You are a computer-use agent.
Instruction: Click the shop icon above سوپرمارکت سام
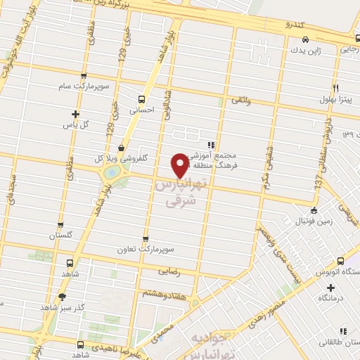(x=84, y=76)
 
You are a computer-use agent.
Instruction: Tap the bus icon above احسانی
(x=142, y=99)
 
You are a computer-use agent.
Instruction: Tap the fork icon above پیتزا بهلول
(x=335, y=87)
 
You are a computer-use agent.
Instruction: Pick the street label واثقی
(x=240, y=102)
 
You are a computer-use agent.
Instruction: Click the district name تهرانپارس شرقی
(x=179, y=193)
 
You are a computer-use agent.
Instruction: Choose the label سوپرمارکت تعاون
(x=146, y=250)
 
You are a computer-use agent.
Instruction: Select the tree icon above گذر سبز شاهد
(x=63, y=296)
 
